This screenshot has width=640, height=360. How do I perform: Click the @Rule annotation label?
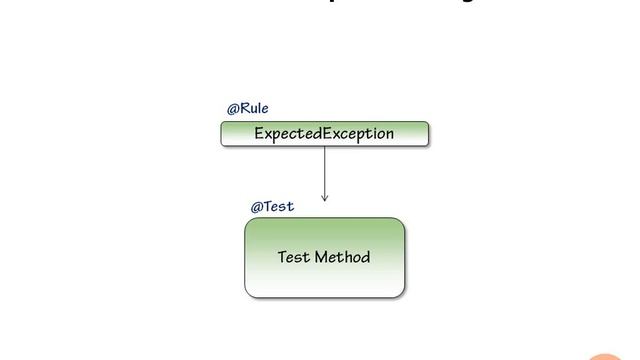[247, 108]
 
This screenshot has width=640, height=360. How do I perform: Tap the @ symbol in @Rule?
[232, 108]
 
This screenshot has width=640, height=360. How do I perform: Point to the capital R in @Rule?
[245, 108]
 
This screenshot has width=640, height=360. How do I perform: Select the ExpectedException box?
[324, 133]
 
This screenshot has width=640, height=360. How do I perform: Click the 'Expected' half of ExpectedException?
[288, 133]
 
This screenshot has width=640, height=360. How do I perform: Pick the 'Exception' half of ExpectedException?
[359, 133]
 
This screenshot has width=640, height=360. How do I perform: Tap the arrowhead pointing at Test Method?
[324, 198]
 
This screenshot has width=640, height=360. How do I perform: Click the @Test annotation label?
[272, 207]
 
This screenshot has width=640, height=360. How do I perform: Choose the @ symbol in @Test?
[256, 207]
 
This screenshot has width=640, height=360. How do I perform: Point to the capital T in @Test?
[269, 207]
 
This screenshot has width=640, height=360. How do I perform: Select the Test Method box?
[325, 258]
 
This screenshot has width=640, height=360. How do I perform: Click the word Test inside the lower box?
[293, 257]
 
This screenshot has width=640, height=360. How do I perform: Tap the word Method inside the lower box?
[342, 257]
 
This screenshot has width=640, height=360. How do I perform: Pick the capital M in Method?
[321, 257]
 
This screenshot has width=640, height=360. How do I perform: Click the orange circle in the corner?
[612, 353]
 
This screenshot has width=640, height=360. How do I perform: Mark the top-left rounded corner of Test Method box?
[249, 222]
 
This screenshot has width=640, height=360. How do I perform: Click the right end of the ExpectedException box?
[425, 133]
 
